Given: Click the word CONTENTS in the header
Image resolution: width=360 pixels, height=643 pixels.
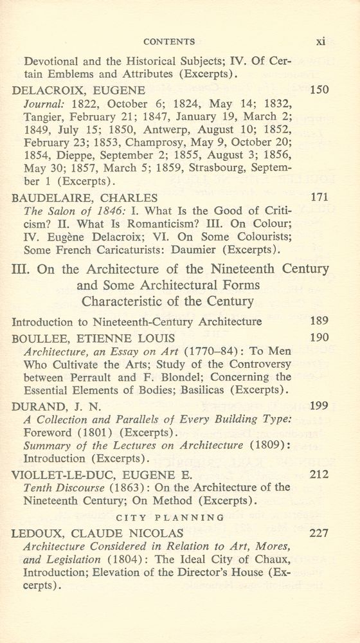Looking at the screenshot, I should point(170,42).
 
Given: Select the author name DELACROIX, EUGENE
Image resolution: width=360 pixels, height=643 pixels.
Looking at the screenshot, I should point(79,90).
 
